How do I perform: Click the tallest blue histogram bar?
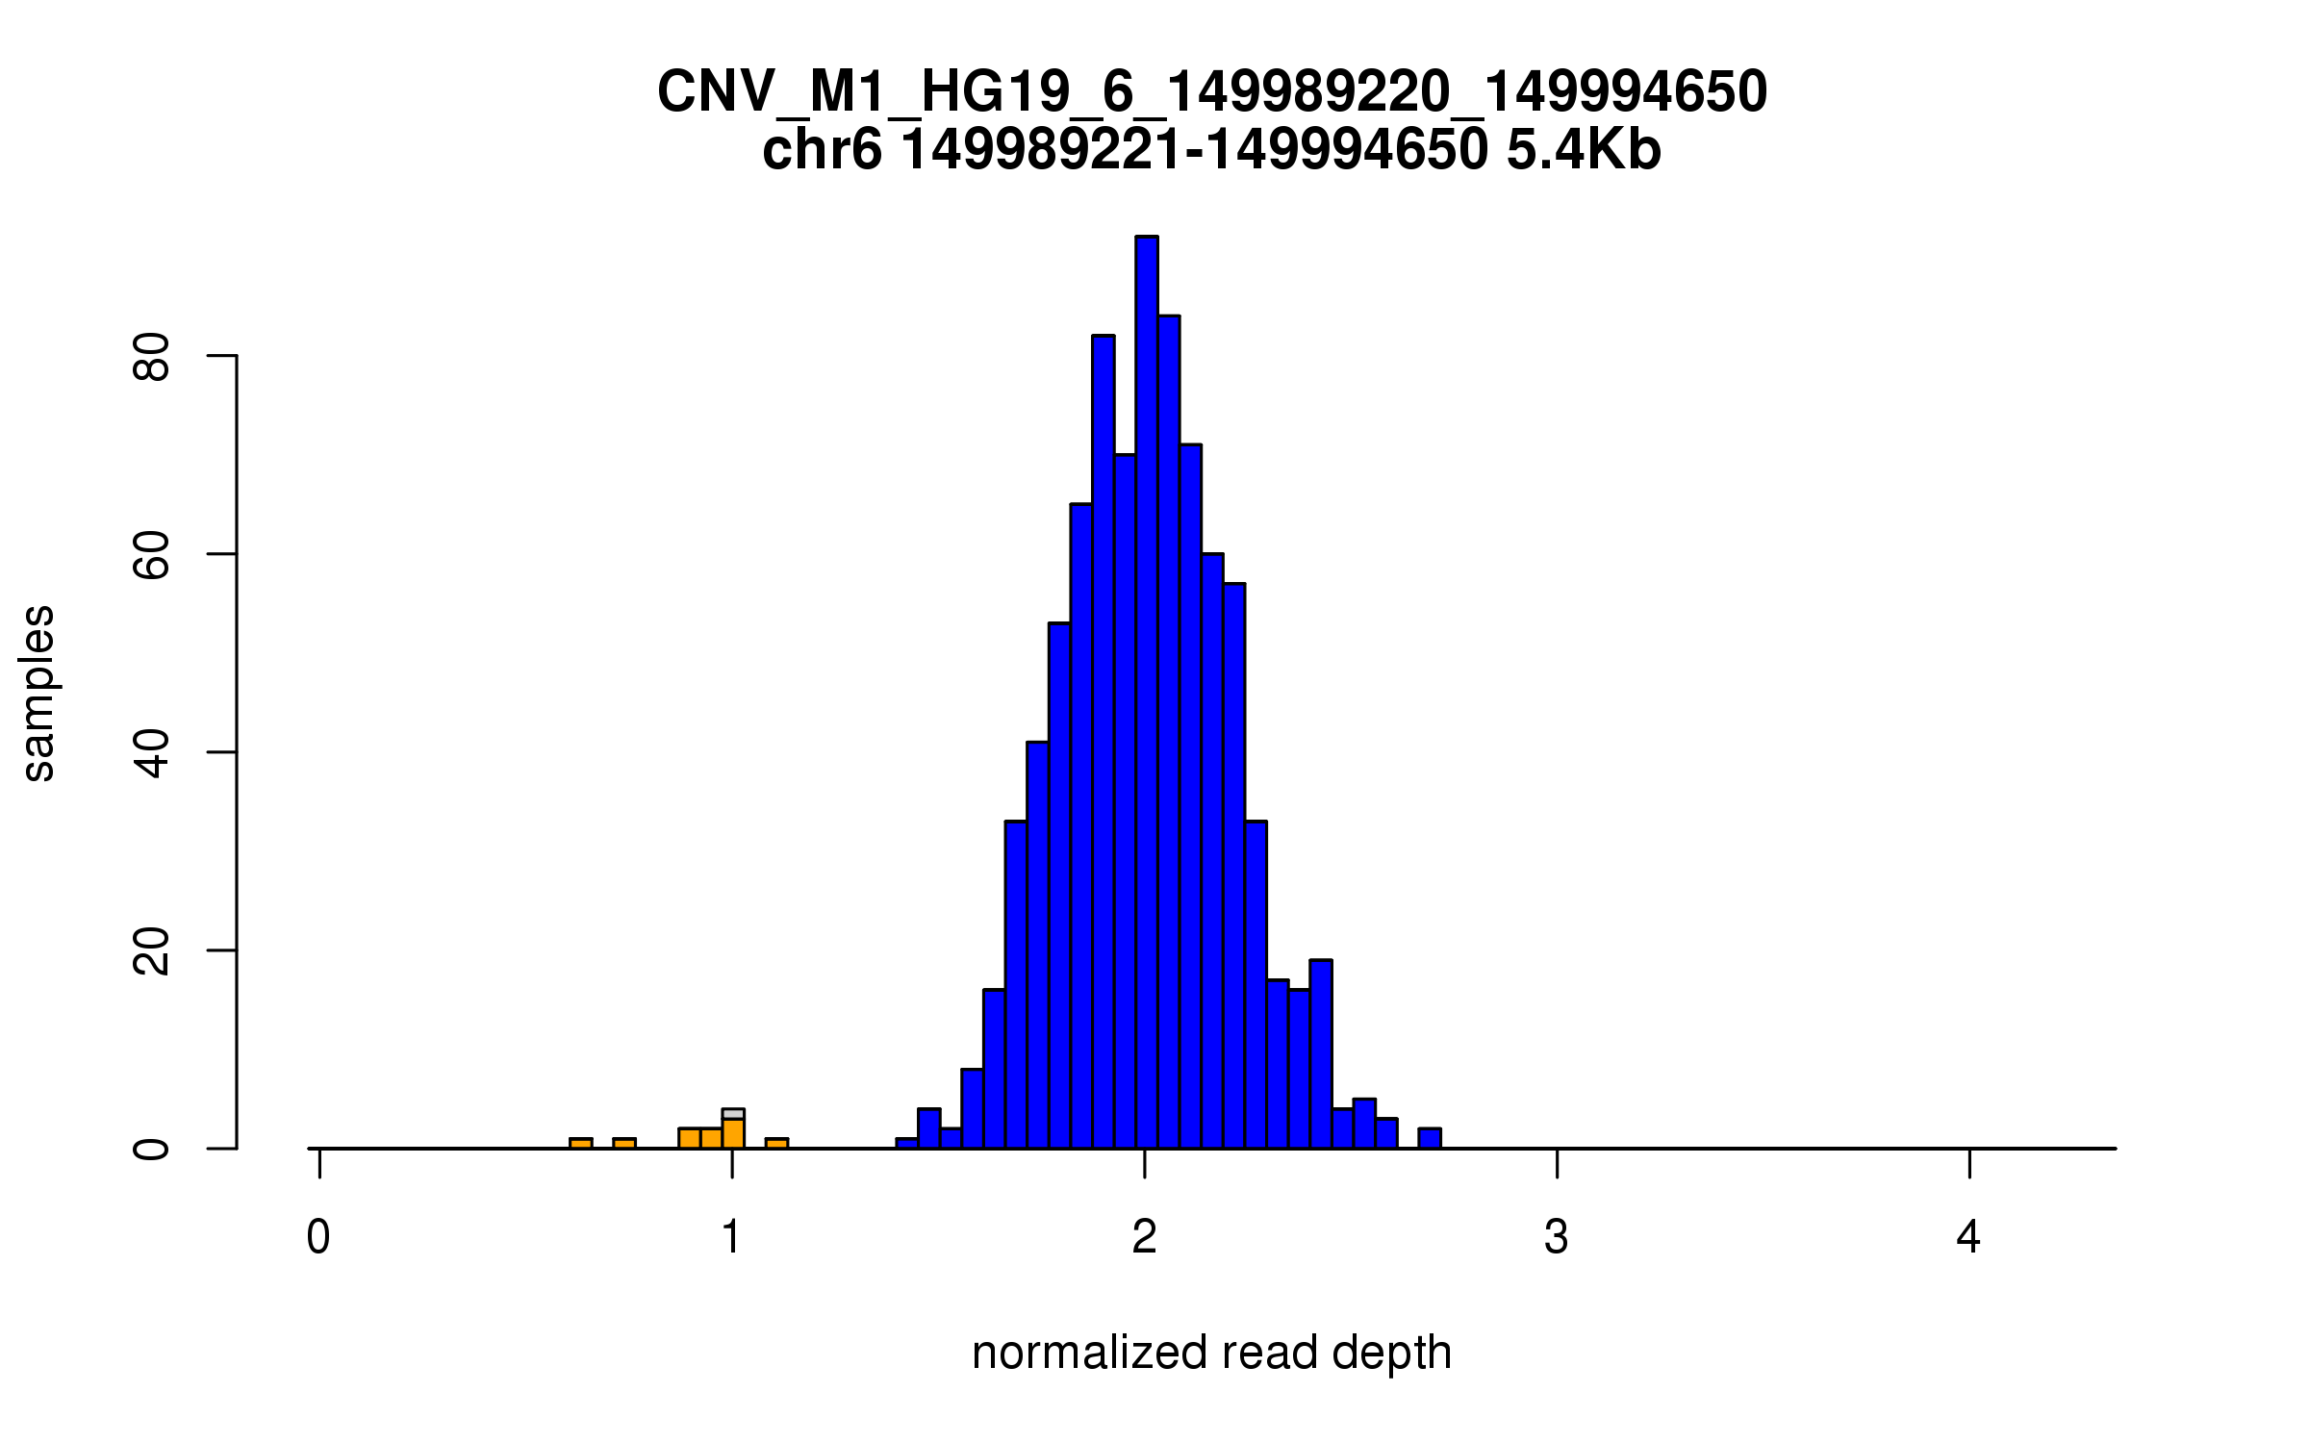(1146, 693)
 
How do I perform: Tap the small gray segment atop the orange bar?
(733, 1114)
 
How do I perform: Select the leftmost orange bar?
(580, 1143)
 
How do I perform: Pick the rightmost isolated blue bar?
(1430, 1138)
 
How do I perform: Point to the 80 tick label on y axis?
(152, 357)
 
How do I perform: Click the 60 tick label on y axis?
(152, 555)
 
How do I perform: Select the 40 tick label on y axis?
(152, 753)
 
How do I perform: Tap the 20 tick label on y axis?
(152, 951)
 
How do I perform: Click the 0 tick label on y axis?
(152, 1149)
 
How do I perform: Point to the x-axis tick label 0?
(318, 1237)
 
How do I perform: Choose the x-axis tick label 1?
(731, 1237)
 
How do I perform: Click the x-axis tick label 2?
(1144, 1237)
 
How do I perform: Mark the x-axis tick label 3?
(1556, 1237)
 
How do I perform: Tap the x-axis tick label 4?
(1968, 1237)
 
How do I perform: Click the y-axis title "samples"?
(38, 694)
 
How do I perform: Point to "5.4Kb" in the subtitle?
(1584, 151)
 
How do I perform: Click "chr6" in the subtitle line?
(821, 151)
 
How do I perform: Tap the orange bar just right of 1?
(776, 1143)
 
